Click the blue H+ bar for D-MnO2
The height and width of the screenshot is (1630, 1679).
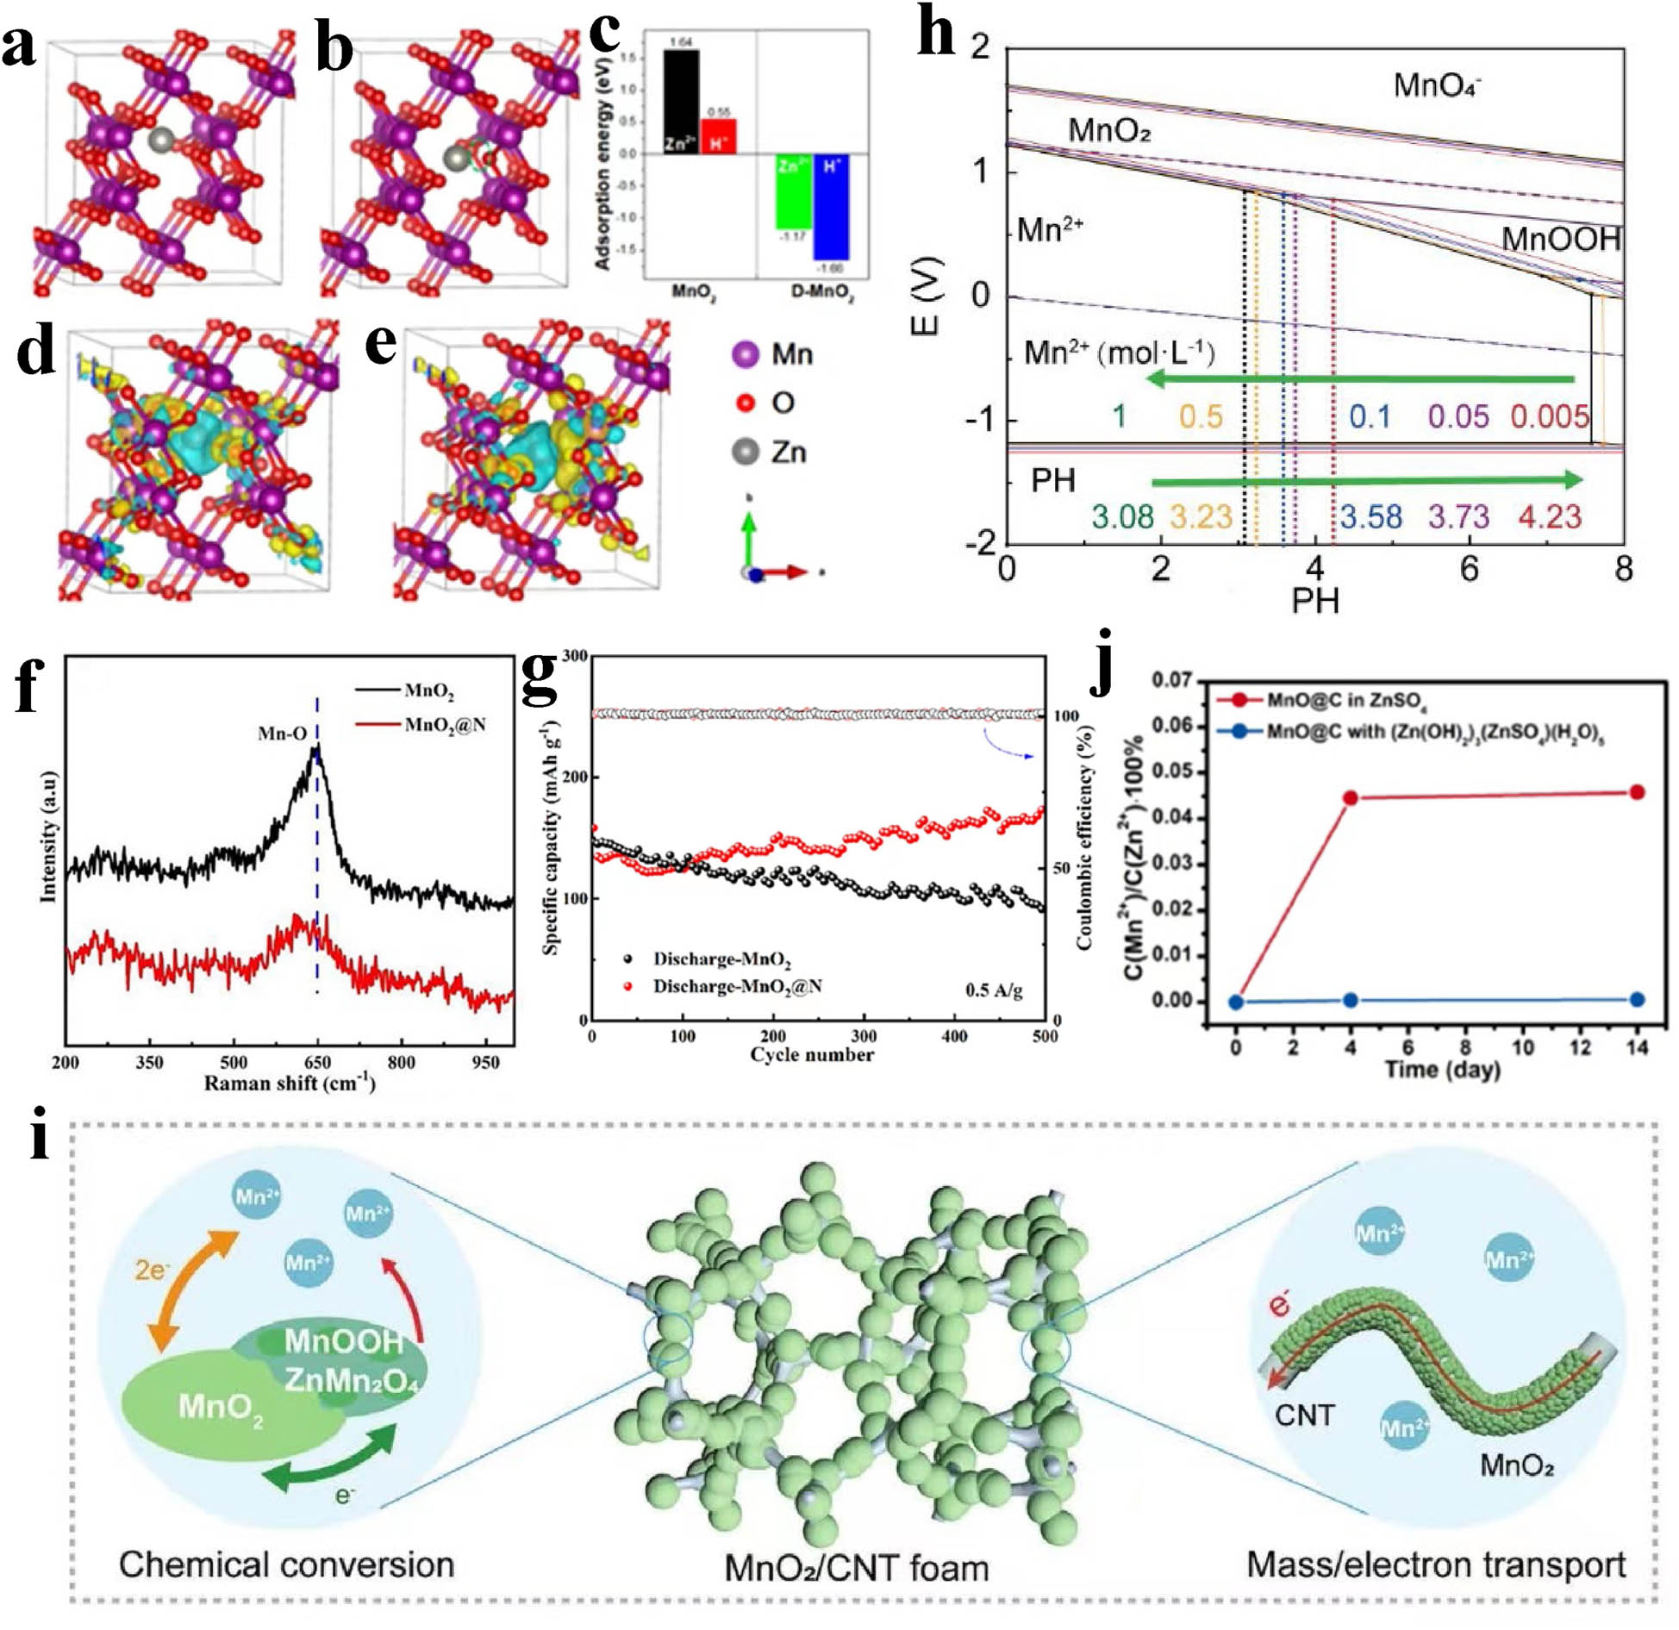pos(831,207)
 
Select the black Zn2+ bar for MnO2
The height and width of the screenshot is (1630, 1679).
pos(681,102)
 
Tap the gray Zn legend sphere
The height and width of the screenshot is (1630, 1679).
pos(745,452)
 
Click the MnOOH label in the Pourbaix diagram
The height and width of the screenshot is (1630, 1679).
pos(1560,239)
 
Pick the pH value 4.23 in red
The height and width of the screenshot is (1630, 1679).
pos(1550,516)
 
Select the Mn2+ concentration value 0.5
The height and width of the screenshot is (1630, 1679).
pos(1201,416)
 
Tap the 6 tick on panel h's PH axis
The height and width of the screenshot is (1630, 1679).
pos(1470,569)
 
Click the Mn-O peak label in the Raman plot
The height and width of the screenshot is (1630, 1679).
pos(282,734)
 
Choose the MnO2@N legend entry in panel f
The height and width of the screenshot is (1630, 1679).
pos(445,725)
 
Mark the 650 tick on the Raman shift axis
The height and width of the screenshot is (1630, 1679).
pos(317,1062)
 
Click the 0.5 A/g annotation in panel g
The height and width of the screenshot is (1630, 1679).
pos(994,990)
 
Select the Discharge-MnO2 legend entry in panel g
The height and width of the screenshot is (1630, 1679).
pos(721,959)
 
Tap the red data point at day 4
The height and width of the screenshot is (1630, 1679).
pos(1351,798)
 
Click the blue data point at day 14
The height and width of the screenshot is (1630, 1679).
pos(1637,999)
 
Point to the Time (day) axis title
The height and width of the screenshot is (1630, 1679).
pos(1442,1070)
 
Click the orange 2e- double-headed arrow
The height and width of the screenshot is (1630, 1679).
pos(193,1290)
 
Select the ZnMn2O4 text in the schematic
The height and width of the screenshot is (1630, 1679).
pos(351,1380)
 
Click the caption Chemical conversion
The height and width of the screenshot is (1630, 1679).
pos(286,1564)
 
